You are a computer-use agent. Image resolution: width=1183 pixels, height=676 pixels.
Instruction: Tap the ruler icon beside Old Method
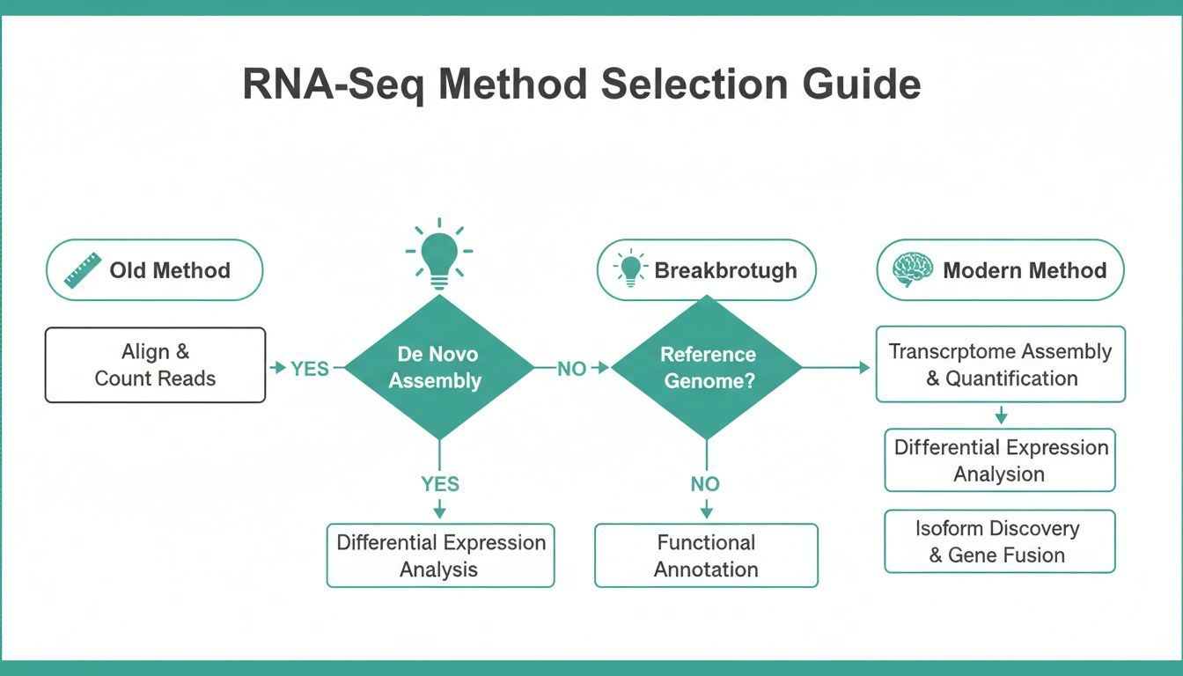click(82, 271)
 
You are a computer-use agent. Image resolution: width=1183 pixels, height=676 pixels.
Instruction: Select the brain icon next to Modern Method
click(912, 270)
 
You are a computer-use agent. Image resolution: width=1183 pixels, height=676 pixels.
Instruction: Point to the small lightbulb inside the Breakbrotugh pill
click(631, 268)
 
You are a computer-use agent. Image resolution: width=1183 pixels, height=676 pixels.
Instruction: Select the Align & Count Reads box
click(155, 365)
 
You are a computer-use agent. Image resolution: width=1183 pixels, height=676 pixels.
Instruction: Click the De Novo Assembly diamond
click(439, 367)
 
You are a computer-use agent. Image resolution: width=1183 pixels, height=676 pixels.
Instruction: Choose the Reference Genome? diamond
click(707, 367)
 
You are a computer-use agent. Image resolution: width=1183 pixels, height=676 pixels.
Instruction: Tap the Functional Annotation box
click(706, 555)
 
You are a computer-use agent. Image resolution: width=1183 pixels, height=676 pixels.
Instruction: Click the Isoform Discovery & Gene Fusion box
click(999, 541)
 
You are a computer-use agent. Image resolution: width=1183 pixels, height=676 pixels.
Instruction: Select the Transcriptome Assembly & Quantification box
click(1000, 364)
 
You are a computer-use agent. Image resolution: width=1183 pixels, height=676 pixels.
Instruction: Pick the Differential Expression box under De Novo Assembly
click(440, 555)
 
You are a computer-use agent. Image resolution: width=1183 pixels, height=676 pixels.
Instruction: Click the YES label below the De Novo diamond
click(439, 484)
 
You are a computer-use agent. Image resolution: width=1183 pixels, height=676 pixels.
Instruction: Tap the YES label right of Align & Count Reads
click(309, 369)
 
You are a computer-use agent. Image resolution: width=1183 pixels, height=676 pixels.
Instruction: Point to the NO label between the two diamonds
click(571, 369)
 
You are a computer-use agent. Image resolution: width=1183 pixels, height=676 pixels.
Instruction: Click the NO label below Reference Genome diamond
click(705, 484)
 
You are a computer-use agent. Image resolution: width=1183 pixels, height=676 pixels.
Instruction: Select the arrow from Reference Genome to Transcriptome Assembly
click(836, 368)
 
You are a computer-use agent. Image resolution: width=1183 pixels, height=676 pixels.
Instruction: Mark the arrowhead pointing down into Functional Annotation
click(705, 512)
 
